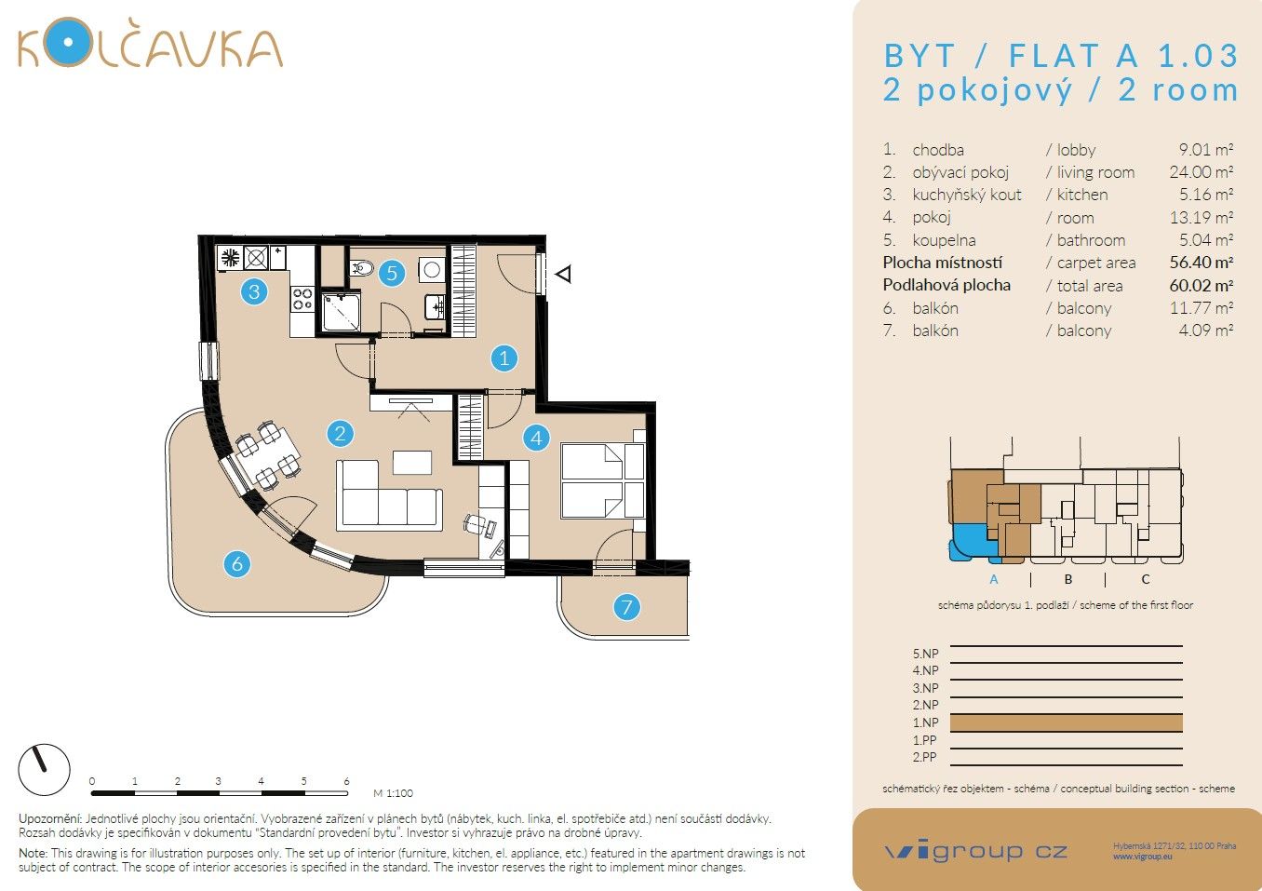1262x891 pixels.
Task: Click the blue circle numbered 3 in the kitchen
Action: pos(254,291)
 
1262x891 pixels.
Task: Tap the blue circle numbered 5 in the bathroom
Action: pos(392,273)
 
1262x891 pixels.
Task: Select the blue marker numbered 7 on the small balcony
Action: pos(626,608)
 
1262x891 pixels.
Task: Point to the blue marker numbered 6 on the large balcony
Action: pos(237,563)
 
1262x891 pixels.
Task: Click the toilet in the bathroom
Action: pos(362,269)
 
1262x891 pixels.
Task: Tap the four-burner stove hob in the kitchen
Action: pos(302,299)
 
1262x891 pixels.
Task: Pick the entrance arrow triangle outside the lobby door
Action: pos(562,274)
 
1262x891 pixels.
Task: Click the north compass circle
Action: pos(44,770)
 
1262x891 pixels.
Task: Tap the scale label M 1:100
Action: pos(393,793)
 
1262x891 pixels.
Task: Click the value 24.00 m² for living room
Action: pos(1201,172)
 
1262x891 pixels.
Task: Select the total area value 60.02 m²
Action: pos(1201,286)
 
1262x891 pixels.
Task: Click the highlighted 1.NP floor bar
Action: pos(1066,722)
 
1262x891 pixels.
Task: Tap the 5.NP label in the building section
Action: pos(925,654)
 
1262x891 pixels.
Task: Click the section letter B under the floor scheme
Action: pos(1068,579)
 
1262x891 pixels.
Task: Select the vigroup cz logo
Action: pos(975,851)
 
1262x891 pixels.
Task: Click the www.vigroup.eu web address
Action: pos(1142,857)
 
